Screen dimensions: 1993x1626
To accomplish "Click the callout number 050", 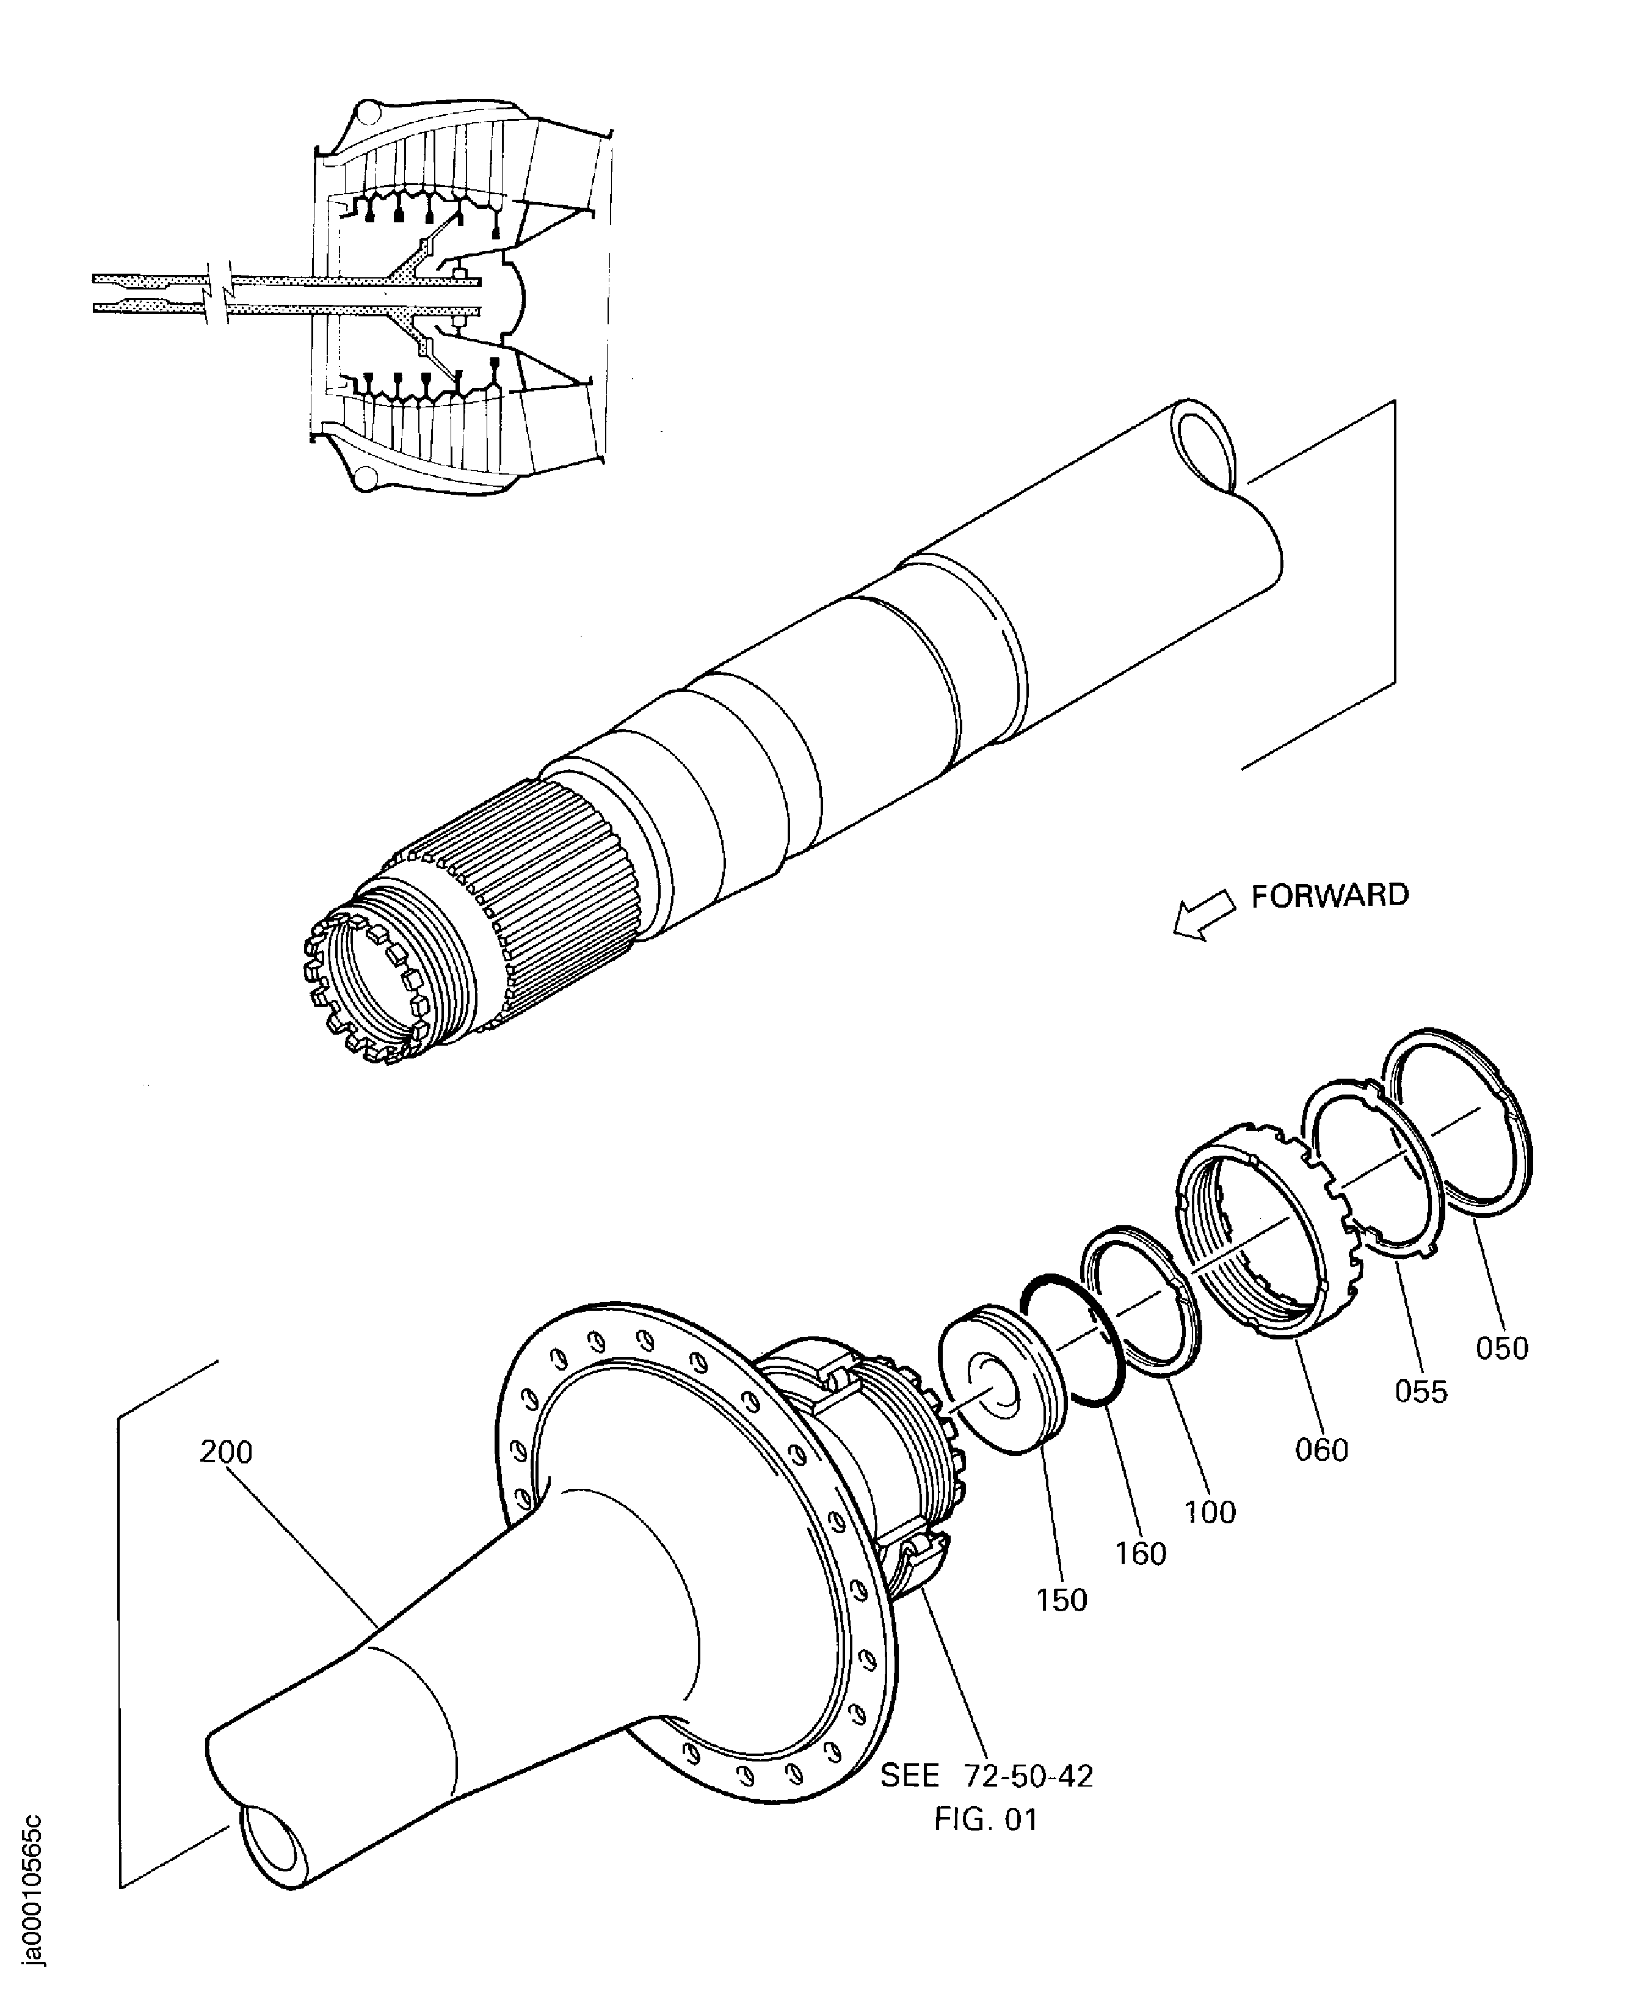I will [1501, 1349].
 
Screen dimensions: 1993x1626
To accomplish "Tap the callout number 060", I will [1321, 1449].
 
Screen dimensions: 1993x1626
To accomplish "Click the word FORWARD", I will [1329, 896].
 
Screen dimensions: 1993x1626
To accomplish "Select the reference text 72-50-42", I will [1028, 1776].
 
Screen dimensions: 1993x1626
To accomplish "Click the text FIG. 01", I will [985, 1820].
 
